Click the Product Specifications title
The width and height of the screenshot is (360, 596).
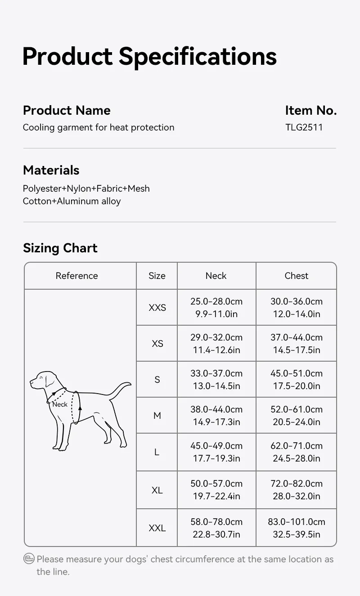click(x=149, y=57)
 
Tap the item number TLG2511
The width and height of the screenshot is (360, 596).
click(x=304, y=127)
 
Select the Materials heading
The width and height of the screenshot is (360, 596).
click(x=51, y=170)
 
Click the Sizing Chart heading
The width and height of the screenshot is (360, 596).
click(x=60, y=248)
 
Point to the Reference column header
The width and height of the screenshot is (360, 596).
click(x=76, y=276)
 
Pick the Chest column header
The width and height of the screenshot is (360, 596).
click(x=296, y=276)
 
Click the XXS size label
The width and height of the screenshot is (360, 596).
click(x=157, y=308)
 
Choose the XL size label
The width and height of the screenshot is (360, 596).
click(x=157, y=490)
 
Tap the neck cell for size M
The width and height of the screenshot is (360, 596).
click(x=216, y=416)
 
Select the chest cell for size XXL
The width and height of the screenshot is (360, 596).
click(x=296, y=528)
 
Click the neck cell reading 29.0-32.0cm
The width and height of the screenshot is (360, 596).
click(x=216, y=344)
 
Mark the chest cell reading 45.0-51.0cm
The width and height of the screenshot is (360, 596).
click(x=296, y=380)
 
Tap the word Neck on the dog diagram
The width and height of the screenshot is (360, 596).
click(x=60, y=404)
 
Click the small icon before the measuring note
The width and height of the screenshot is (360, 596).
click(x=29, y=559)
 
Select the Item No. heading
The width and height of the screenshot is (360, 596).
click(x=310, y=110)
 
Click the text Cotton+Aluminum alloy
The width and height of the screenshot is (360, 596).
click(x=72, y=201)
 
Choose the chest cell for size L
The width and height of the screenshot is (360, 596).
click(x=296, y=452)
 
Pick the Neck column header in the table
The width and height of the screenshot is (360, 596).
click(x=216, y=276)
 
